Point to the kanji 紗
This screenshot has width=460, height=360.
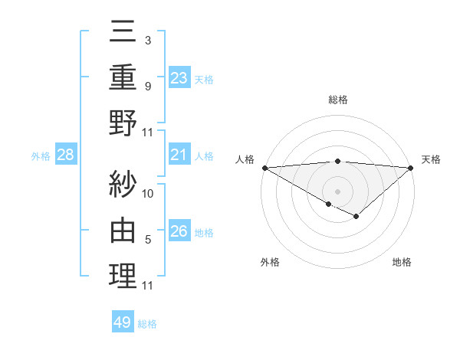[123, 184]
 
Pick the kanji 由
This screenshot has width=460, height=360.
[123, 230]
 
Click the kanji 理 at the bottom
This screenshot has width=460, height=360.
[123, 277]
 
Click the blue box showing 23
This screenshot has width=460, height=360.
[179, 77]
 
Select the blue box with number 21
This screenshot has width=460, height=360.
[179, 155]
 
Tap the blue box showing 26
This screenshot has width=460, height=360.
[179, 231]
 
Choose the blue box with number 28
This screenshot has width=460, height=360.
[66, 155]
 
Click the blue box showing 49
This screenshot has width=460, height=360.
[123, 322]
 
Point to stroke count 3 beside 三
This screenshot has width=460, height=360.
[147, 40]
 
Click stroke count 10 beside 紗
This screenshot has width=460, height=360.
[148, 193]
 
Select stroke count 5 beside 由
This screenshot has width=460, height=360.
[147, 240]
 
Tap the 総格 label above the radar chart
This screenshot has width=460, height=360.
[337, 100]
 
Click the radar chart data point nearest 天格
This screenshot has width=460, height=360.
[411, 168]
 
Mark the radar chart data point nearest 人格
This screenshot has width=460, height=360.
[264, 168]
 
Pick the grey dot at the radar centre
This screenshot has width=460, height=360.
[337, 191]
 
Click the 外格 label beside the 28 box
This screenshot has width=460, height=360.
[41, 156]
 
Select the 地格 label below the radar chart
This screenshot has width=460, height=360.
[402, 262]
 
